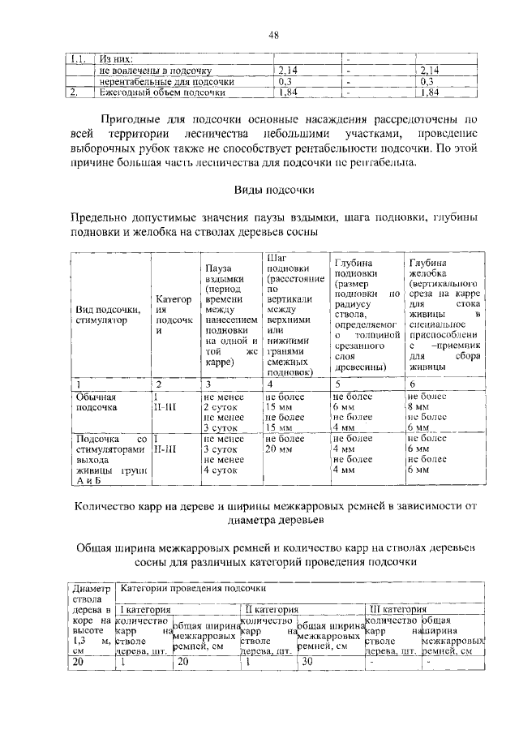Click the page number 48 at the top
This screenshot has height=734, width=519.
point(274,34)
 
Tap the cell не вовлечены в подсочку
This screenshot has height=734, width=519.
point(151,71)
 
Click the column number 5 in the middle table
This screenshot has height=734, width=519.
point(337,383)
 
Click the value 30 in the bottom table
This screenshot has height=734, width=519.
point(307,661)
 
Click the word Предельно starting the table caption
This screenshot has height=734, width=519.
point(100,218)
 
